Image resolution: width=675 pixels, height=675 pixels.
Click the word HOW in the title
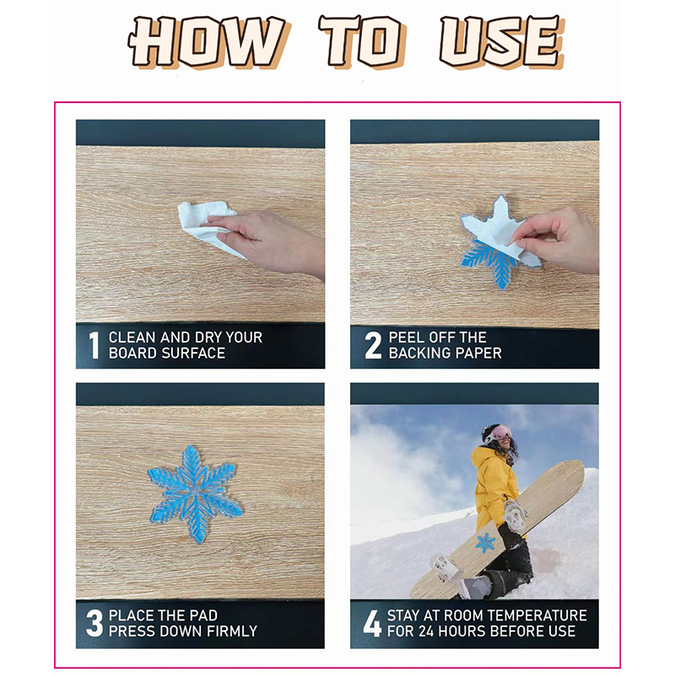208,41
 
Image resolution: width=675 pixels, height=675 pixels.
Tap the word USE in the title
501,41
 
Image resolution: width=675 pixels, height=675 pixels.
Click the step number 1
94,345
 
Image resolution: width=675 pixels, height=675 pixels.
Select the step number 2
373,345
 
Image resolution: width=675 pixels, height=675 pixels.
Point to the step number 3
94,623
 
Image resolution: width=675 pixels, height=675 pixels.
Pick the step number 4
372,623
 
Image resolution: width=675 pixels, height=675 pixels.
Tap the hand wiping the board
267,243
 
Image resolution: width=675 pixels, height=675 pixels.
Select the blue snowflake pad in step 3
195,494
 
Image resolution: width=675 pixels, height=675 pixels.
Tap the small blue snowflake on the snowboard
486,543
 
